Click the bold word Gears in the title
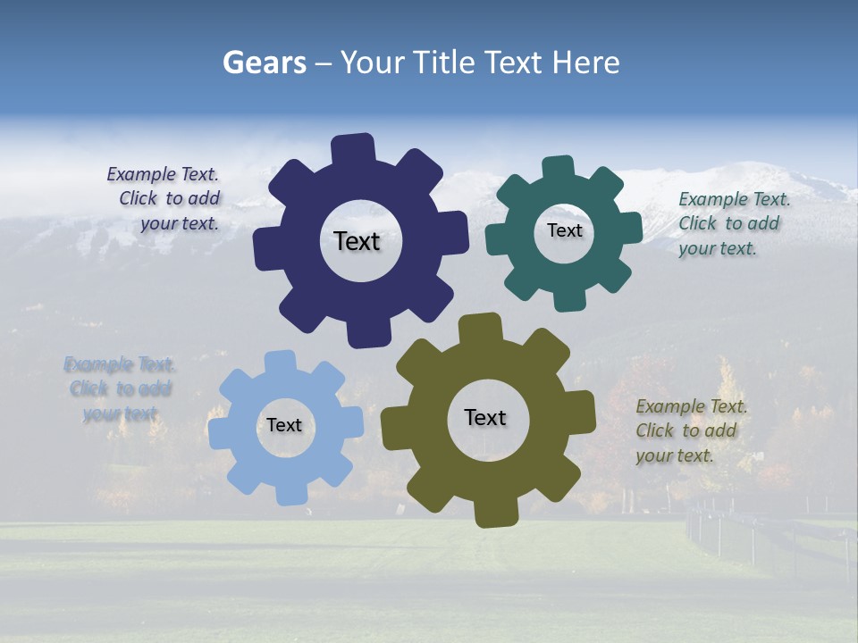pyautogui.click(x=264, y=63)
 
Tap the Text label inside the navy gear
pyautogui.click(x=357, y=241)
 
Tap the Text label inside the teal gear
pyautogui.click(x=564, y=230)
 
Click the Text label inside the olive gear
pyautogui.click(x=485, y=417)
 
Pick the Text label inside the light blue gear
pyautogui.click(x=284, y=425)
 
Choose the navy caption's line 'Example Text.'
pyautogui.click(x=163, y=175)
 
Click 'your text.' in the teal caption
pyautogui.click(x=718, y=248)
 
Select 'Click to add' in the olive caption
pyautogui.click(x=686, y=430)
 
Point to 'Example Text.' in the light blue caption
pyautogui.click(x=120, y=364)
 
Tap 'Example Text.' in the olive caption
pyautogui.click(x=692, y=406)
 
